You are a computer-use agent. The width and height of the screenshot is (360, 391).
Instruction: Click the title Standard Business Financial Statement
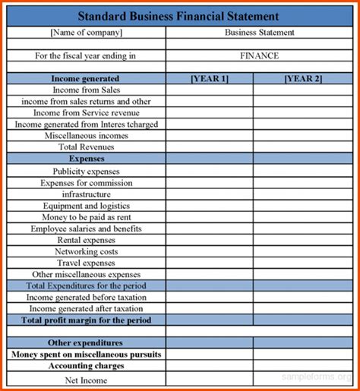179,16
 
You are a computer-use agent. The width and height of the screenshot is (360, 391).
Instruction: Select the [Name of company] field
86,33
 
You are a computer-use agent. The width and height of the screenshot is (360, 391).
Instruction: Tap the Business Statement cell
260,33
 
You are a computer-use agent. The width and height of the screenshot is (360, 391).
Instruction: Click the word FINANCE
260,55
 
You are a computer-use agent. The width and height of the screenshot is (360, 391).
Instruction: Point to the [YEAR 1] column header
209,78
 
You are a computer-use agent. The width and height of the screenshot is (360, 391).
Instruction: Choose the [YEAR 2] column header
303,78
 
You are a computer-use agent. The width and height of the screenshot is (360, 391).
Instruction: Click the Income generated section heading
85,78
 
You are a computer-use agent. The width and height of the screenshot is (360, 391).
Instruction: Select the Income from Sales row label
86,90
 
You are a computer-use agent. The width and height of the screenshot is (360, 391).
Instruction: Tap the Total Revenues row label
86,147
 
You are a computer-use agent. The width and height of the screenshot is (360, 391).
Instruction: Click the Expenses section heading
86,159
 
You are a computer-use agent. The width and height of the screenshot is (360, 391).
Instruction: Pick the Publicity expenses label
86,172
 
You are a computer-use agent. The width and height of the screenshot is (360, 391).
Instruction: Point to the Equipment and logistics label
86,206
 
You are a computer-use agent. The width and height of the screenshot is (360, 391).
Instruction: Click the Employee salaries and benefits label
86,229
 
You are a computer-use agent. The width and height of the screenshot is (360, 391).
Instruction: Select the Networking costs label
86,251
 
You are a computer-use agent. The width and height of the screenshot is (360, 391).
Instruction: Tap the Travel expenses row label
86,263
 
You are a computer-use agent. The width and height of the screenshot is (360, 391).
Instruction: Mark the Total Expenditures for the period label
86,285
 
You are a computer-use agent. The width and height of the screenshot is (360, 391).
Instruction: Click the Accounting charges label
86,366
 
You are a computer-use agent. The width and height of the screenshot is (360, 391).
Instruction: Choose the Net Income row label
86,380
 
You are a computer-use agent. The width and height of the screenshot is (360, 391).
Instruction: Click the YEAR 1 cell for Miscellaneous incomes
209,135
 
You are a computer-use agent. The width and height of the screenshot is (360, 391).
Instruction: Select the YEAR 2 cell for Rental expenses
303,240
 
